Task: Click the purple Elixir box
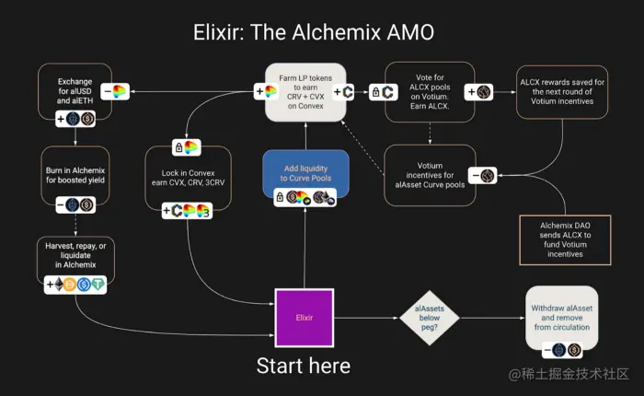pos(304,318)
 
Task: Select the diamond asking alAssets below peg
pos(425,318)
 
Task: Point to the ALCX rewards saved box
pos(560,90)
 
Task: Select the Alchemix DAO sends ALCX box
pos(560,239)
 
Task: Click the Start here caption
pos(303,366)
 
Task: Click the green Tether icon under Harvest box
pos(98,285)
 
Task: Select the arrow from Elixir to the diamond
pos(366,318)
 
